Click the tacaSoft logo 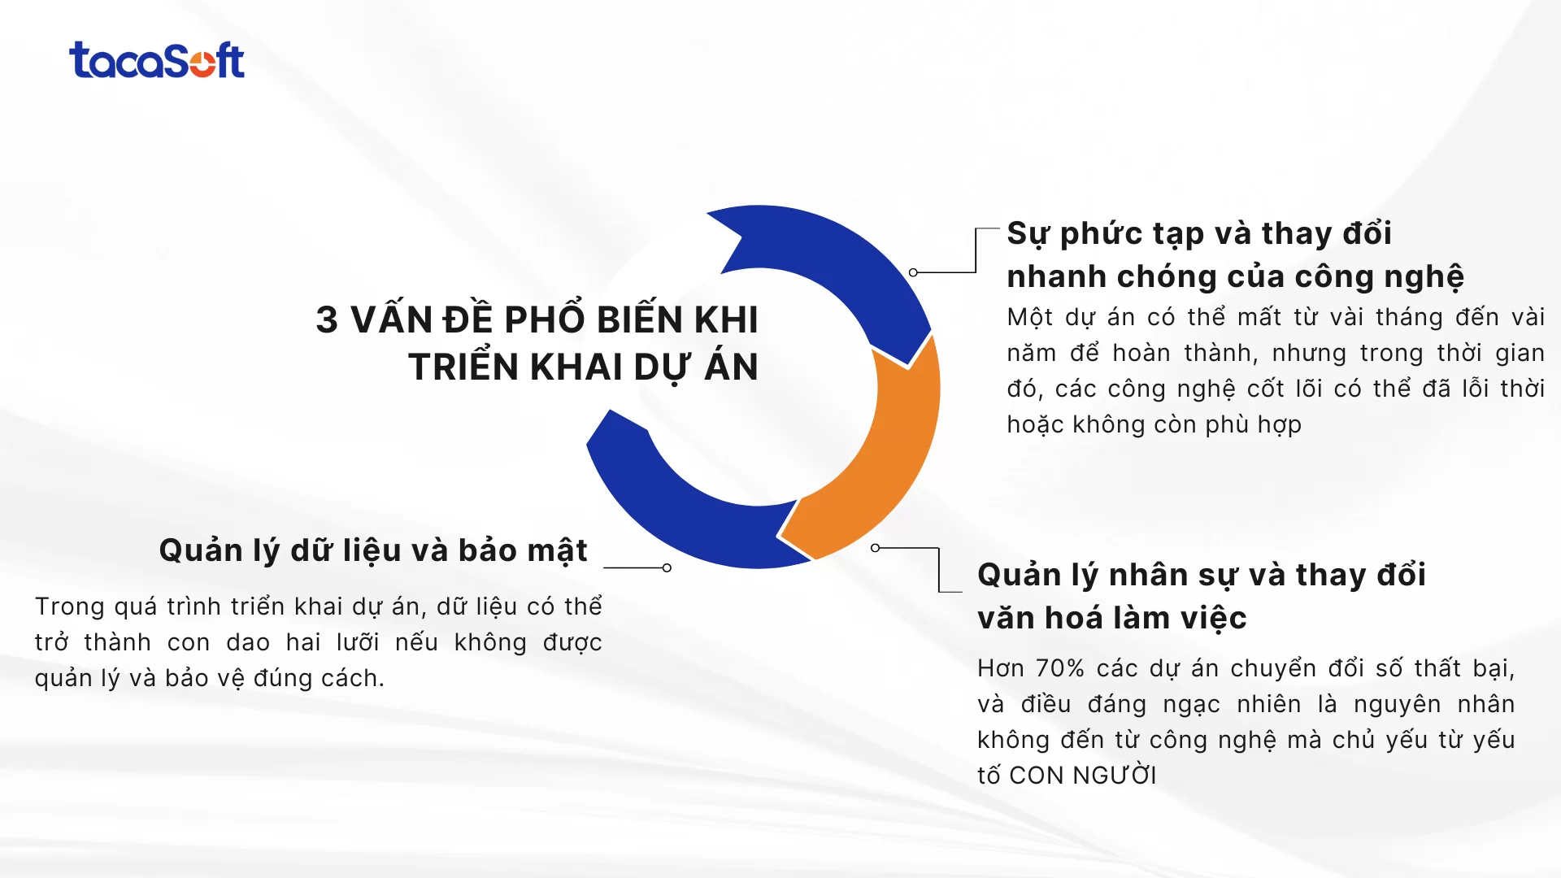point(157,61)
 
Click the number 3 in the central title point(327,320)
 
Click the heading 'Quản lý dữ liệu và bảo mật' point(373,550)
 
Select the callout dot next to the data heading point(667,567)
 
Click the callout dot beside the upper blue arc point(913,272)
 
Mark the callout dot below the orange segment point(875,548)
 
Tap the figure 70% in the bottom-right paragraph point(1060,668)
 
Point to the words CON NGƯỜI point(1082,776)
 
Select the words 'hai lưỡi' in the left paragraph point(333,642)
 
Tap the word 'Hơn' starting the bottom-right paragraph point(1000,668)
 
